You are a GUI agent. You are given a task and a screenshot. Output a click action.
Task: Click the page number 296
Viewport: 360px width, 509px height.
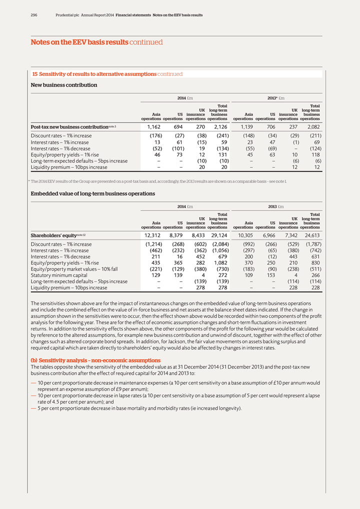[34, 15]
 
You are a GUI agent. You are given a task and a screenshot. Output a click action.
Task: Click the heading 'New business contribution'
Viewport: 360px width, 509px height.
[64, 85]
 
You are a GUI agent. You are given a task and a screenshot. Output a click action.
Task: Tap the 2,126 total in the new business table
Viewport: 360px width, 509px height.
[219, 127]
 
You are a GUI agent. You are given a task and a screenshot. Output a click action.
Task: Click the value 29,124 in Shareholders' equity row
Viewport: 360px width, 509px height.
[219, 235]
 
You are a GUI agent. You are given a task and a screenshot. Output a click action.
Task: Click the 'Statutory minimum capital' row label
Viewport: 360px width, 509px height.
[59, 275]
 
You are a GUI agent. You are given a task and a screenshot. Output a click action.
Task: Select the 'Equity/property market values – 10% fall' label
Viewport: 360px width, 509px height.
[74, 268]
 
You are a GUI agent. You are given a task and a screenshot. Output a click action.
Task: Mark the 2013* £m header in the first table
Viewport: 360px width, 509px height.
[276, 97]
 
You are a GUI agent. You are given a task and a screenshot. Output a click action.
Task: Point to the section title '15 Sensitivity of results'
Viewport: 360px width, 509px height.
[107, 74]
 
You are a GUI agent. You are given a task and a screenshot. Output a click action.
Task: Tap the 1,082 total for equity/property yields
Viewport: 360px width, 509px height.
[220, 262]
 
